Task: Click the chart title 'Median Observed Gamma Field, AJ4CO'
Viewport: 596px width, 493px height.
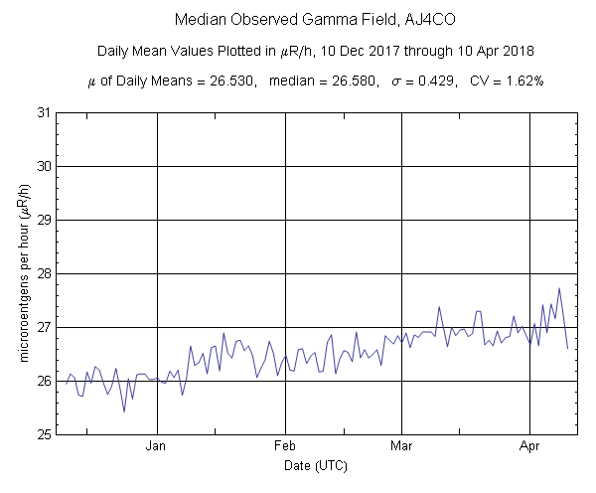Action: (297, 19)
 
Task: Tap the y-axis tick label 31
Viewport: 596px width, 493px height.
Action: (44, 112)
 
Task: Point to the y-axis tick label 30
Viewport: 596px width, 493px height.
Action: (44, 166)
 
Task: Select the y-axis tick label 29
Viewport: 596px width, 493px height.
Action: (44, 220)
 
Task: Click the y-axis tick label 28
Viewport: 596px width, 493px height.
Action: (44, 273)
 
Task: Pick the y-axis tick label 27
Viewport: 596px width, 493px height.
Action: (44, 327)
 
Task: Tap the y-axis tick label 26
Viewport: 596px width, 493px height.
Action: (44, 381)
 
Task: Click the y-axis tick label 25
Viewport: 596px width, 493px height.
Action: (44, 434)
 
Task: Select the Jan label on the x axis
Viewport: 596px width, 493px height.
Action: (157, 446)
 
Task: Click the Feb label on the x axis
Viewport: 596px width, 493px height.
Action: (285, 446)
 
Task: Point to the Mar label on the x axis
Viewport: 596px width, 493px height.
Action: (401, 446)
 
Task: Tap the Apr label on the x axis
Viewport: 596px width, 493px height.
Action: (529, 446)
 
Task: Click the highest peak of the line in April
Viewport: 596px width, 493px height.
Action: (559, 288)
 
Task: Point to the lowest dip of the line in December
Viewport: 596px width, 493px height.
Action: (124, 411)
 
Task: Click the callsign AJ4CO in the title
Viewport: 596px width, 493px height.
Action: (399, 19)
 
